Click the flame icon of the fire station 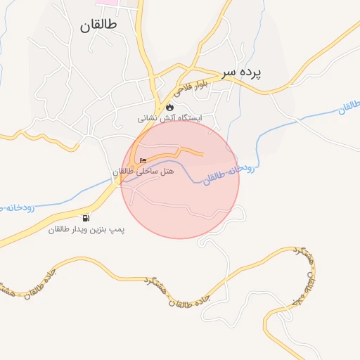click(x=169, y=106)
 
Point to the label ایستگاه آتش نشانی click(x=169, y=119)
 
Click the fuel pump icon click(x=86, y=218)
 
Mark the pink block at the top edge click(x=107, y=2)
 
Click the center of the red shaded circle click(x=180, y=180)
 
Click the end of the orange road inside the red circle click(x=203, y=153)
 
